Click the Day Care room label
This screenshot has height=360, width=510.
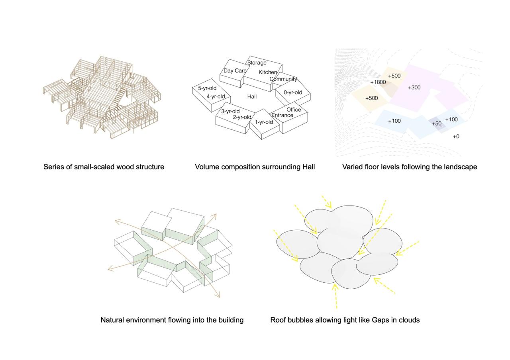pyautogui.click(x=235, y=71)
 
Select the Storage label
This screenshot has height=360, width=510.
pyautogui.click(x=257, y=63)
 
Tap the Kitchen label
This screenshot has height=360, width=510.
pyautogui.click(x=268, y=72)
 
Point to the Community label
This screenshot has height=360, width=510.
pyautogui.click(x=283, y=79)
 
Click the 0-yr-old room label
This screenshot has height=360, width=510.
pyautogui.click(x=293, y=93)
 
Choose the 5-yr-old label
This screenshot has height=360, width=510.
pyautogui.click(x=207, y=88)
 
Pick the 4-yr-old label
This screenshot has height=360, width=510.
pyautogui.click(x=216, y=97)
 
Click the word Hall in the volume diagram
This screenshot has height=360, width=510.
pyautogui.click(x=252, y=97)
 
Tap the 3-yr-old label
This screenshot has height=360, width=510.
pyautogui.click(x=230, y=112)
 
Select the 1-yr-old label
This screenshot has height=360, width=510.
pyautogui.click(x=264, y=122)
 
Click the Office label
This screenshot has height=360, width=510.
pyautogui.click(x=294, y=110)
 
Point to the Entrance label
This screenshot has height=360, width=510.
pyautogui.click(x=282, y=115)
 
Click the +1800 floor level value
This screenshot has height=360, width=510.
pyautogui.click(x=378, y=82)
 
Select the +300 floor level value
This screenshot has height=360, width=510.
pyautogui.click(x=414, y=88)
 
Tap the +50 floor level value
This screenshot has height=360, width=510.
pyautogui.click(x=437, y=124)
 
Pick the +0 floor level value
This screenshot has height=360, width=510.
pyautogui.click(x=456, y=137)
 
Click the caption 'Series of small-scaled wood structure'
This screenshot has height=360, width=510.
pyautogui.click(x=104, y=167)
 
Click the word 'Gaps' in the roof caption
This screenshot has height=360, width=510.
pyautogui.click(x=381, y=320)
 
